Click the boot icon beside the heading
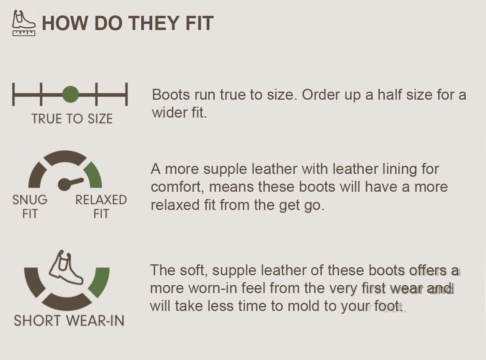pyautogui.click(x=23, y=23)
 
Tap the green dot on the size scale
pyautogui.click(x=70, y=94)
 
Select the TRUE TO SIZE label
pyautogui.click(x=72, y=119)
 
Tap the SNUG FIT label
pyautogui.click(x=30, y=207)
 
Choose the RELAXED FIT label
pyautogui.click(x=101, y=207)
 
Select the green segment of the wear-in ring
pyautogui.click(x=100, y=282)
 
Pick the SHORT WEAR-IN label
pyautogui.click(x=69, y=321)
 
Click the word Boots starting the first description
pyautogui.click(x=171, y=95)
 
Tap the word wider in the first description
pyautogui.click(x=170, y=113)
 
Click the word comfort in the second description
pyautogui.click(x=177, y=187)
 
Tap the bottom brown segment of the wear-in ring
pyautogui.click(x=66, y=301)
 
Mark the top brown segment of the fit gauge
pyautogui.click(x=65, y=158)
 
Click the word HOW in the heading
pyautogui.click(x=65, y=23)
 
